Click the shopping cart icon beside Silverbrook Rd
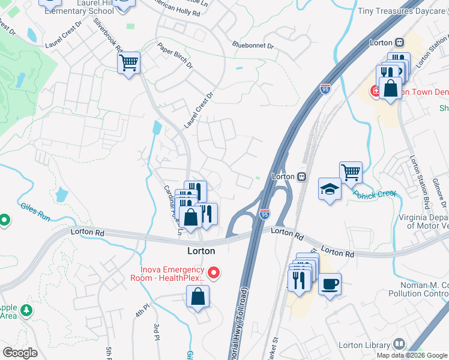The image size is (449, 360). click(x=128, y=62)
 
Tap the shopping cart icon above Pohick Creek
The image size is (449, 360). click(x=351, y=173)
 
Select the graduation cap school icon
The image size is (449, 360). click(x=330, y=188)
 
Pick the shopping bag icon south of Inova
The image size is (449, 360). click(x=197, y=296)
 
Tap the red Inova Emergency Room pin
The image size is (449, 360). click(x=212, y=274)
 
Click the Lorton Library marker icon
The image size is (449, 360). click(x=399, y=344)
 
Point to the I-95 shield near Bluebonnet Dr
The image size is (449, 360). click(x=325, y=89)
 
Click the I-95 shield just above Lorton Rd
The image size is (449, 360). click(x=265, y=213)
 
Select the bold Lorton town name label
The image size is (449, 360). click(x=201, y=251)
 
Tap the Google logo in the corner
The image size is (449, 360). click(x=20, y=353)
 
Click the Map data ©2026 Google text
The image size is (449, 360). click(x=412, y=355)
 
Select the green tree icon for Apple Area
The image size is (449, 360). click(x=25, y=310)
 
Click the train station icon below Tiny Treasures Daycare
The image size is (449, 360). click(x=398, y=42)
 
